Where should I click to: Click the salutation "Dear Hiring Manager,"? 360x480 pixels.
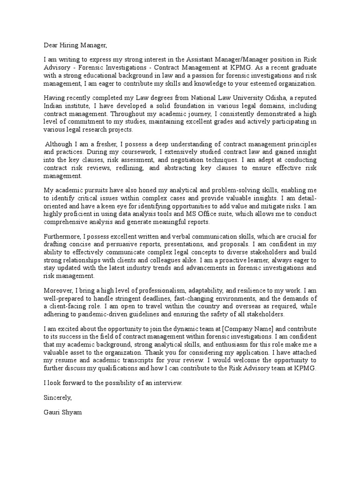75,45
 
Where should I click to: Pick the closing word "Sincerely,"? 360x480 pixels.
58,397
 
